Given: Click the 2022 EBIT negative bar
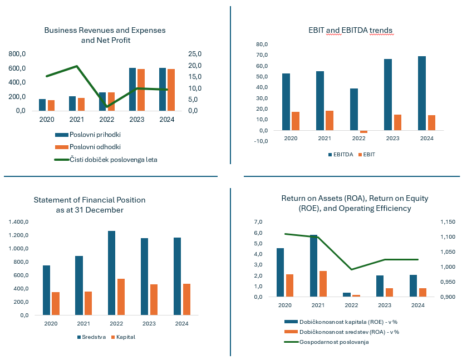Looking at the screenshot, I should coord(363,132).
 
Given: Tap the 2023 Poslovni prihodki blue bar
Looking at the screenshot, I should coord(132,89).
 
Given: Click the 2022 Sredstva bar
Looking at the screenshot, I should coord(112,273).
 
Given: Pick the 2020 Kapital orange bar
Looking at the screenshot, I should coord(56,303).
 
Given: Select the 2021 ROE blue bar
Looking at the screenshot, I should coord(314,265).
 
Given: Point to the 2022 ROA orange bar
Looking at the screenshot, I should coord(356,295).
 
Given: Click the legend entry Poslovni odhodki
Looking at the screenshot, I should coord(95,147).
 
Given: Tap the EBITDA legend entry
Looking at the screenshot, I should coord(342,154).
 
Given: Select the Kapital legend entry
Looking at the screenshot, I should coord(125,337).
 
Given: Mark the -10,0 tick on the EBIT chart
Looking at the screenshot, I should coord(261,141).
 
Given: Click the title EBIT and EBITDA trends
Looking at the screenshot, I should coord(351,29).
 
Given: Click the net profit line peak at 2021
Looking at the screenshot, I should coord(77,66).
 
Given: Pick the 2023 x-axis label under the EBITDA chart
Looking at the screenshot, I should coord(392,139).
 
